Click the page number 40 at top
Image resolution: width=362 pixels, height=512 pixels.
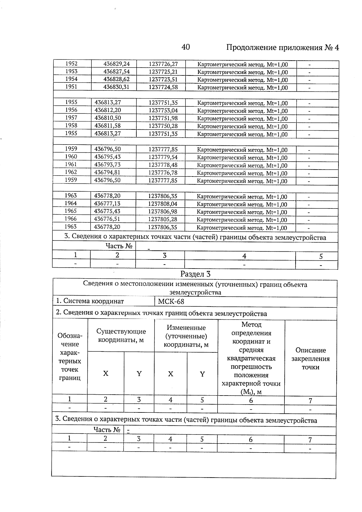(186, 47)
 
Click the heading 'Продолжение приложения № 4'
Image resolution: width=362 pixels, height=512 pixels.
(282, 48)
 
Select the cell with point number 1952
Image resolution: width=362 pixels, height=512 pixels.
(71, 64)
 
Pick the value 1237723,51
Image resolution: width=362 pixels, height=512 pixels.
(163, 80)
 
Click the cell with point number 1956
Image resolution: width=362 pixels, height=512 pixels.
(71, 110)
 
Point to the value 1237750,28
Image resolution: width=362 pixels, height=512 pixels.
(163, 126)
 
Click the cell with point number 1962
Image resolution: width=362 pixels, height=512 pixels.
(71, 172)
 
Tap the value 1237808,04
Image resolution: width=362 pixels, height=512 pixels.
(163, 204)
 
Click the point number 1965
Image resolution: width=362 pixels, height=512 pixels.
(71, 211)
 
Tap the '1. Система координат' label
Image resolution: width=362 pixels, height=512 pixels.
(90, 301)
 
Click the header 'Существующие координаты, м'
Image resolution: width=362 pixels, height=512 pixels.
(121, 336)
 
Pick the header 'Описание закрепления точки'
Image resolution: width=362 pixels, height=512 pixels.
(310, 359)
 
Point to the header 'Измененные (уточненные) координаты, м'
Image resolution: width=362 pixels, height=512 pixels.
(186, 336)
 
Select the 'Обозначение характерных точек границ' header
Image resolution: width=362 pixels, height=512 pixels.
(69, 357)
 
